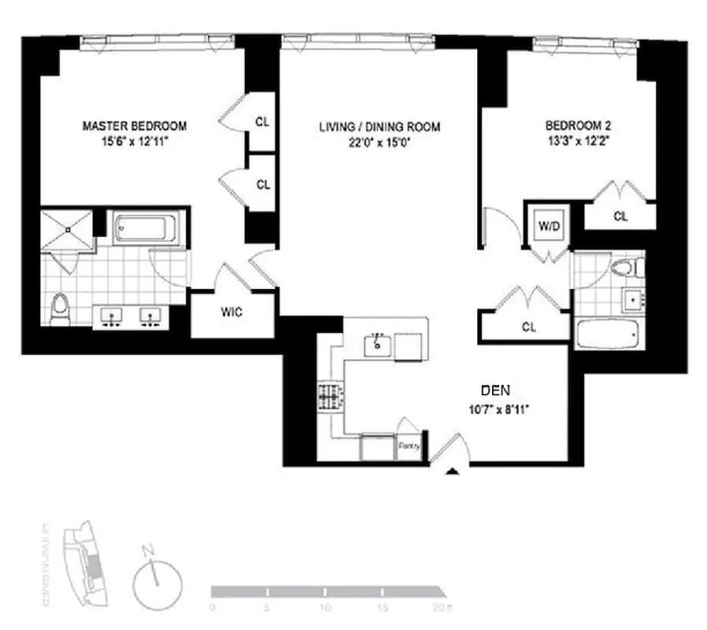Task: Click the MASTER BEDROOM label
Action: point(135,125)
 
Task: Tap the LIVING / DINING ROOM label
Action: point(379,127)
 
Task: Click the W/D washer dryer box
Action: point(549,226)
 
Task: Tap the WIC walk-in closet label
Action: point(231,312)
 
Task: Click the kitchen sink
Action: point(378,343)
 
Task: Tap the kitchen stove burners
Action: point(331,396)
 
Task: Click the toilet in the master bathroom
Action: point(59,309)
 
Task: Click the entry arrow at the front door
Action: point(453,472)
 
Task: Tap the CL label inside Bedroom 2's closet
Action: point(620,217)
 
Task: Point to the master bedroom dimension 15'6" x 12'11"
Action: point(135,141)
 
